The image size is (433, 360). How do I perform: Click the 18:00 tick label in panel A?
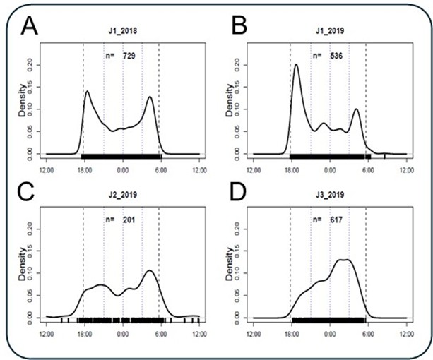click(x=83, y=169)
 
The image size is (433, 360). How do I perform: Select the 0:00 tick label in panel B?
click(x=329, y=169)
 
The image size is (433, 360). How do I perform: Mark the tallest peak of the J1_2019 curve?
click(x=296, y=65)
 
